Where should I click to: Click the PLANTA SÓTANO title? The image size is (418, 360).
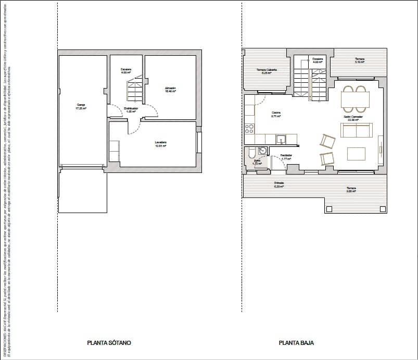click(109, 343)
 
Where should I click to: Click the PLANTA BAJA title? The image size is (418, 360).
click(296, 343)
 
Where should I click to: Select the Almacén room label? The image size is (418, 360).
click(170, 89)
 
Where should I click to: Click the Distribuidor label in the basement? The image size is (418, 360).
click(131, 109)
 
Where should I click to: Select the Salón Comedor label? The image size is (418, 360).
click(353, 118)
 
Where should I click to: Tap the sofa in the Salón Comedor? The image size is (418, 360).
click(356, 130)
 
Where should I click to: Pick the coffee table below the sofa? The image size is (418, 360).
click(357, 153)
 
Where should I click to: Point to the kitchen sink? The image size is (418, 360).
click(281, 139)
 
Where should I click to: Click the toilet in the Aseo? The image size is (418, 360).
click(251, 152)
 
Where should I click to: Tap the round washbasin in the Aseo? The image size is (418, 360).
click(262, 151)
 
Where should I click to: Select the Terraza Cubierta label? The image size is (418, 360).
click(267, 71)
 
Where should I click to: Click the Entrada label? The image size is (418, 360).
click(279, 184)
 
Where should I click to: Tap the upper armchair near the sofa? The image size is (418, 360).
click(327, 141)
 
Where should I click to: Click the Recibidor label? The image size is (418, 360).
click(286, 156)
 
